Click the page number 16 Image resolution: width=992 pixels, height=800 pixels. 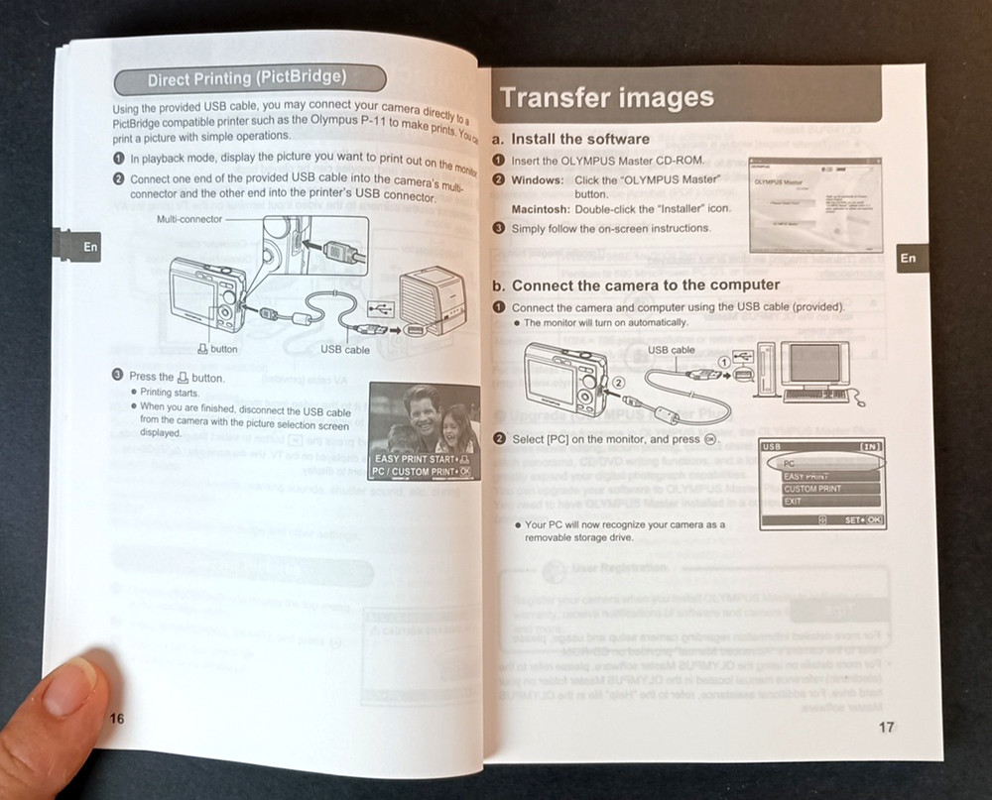pyautogui.click(x=116, y=719)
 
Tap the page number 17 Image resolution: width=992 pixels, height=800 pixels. pyautogui.click(x=886, y=727)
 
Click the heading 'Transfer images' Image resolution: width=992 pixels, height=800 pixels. pyautogui.click(x=606, y=97)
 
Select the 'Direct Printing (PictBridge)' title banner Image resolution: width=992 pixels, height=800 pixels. pyautogui.click(x=247, y=78)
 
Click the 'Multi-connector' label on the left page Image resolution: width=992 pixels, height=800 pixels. pyautogui.click(x=189, y=218)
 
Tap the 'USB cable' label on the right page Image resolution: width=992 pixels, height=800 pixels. pyautogui.click(x=671, y=349)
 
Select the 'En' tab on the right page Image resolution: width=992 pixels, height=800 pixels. pyautogui.click(x=908, y=258)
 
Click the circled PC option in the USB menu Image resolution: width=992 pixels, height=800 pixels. pyautogui.click(x=821, y=463)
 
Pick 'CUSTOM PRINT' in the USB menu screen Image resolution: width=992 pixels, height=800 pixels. pyautogui.click(x=812, y=490)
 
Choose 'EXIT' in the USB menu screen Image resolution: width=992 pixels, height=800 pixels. pyautogui.click(x=794, y=502)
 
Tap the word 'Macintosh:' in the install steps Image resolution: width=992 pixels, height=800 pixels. pyautogui.click(x=540, y=209)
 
